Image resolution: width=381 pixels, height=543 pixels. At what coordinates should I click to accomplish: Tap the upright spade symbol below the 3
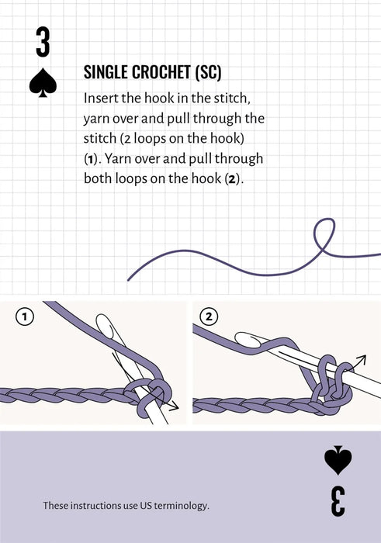point(43,83)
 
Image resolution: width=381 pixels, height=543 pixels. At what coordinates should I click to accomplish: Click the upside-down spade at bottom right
point(338,460)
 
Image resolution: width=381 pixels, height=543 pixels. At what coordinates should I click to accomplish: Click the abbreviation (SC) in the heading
point(209,73)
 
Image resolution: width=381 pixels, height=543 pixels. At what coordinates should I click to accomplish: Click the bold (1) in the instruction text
point(91,158)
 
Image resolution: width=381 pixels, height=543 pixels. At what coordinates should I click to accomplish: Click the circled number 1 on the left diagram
point(26,316)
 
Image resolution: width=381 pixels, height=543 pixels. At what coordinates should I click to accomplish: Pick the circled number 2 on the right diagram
point(209,316)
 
